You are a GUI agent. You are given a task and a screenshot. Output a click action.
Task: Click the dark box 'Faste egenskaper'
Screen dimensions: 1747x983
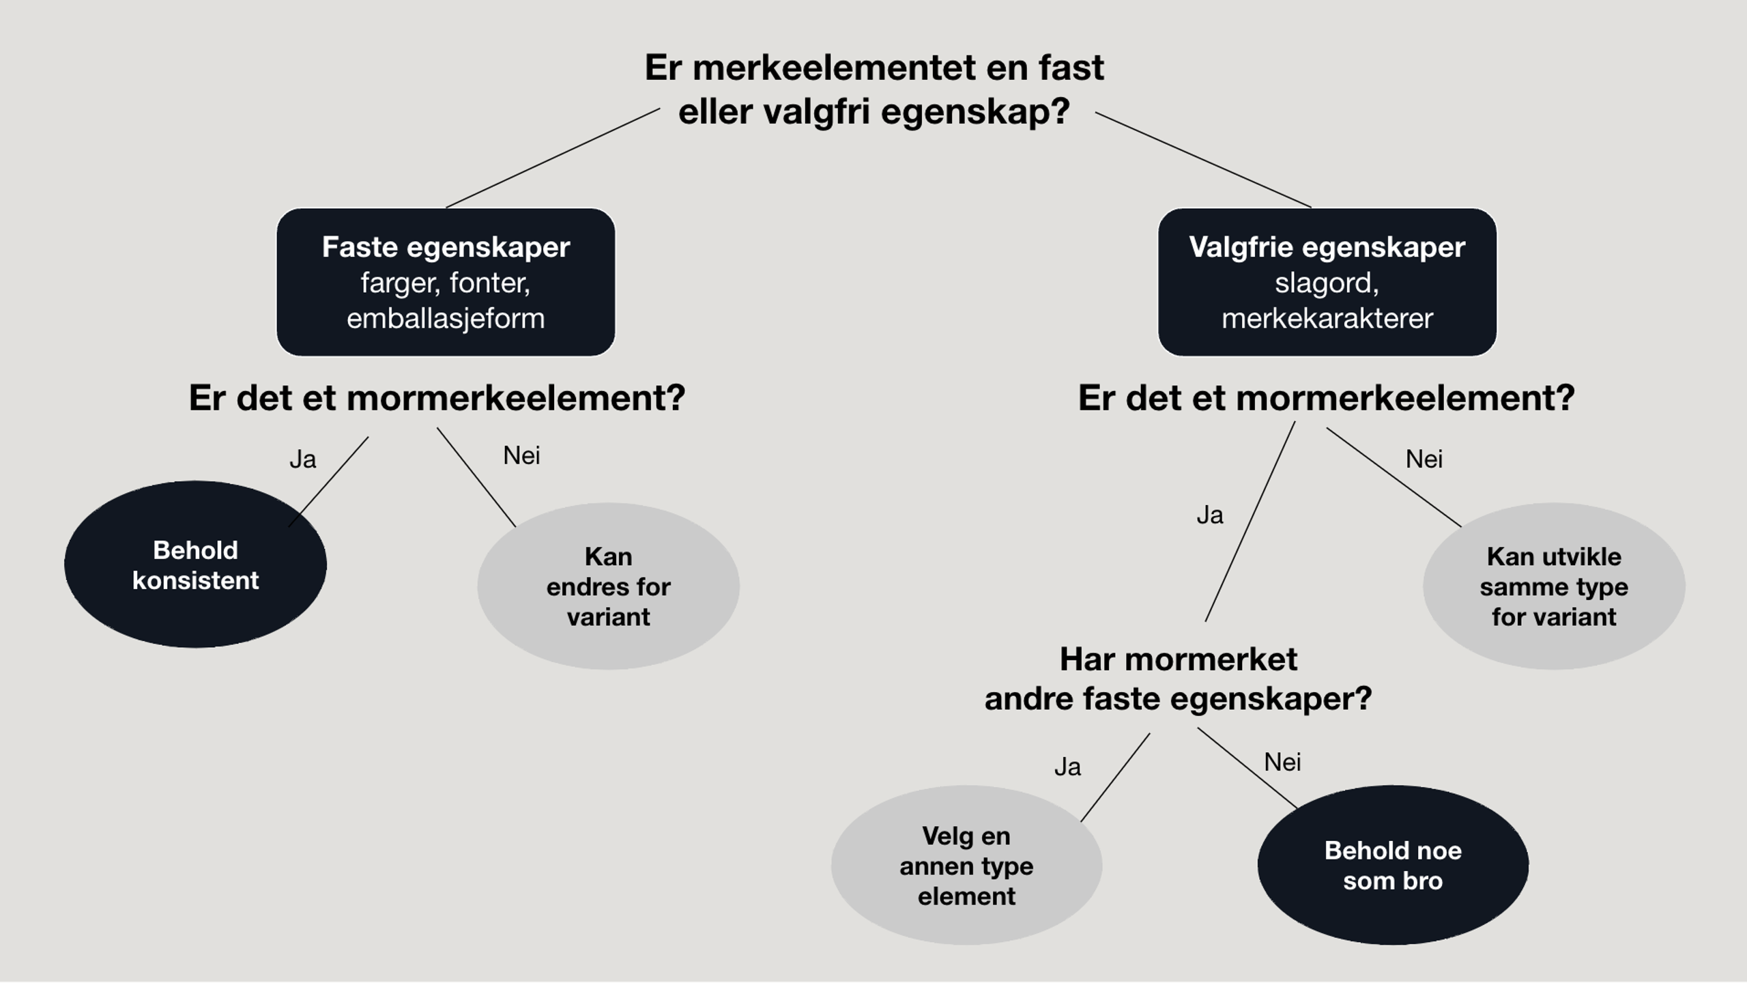pyautogui.click(x=446, y=282)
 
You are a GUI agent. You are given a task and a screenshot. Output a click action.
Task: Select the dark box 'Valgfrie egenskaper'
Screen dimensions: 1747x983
pyautogui.click(x=1327, y=282)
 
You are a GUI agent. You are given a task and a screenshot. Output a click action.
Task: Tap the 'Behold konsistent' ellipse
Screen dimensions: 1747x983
pyautogui.click(x=195, y=565)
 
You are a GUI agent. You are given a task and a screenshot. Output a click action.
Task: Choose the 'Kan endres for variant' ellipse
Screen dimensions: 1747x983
pyautogui.click(x=608, y=586)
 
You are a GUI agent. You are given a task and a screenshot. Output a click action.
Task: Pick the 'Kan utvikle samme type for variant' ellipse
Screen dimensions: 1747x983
pyautogui.click(x=1554, y=586)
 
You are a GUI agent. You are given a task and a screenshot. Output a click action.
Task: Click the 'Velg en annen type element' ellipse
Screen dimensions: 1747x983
pyautogui.click(x=966, y=866)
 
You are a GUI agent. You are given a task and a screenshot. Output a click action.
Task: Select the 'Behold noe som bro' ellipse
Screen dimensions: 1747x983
pyautogui.click(x=1393, y=866)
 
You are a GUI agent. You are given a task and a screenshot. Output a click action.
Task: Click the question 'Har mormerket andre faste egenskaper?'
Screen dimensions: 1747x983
pyautogui.click(x=1178, y=679)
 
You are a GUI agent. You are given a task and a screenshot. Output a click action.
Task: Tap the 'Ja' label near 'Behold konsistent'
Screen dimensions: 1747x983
pyautogui.click(x=303, y=459)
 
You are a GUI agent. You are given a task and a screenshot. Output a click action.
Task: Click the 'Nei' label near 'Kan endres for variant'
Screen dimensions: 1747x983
pyautogui.click(x=521, y=455)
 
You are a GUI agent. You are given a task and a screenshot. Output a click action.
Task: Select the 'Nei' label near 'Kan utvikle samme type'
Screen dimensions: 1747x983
pyautogui.click(x=1424, y=459)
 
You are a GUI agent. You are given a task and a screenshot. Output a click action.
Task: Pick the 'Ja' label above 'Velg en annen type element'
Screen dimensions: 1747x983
pyautogui.click(x=1067, y=767)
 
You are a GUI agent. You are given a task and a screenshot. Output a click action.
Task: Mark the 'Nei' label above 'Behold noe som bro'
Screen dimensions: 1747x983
pyautogui.click(x=1282, y=762)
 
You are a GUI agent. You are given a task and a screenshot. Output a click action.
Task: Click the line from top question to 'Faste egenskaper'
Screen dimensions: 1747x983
pyautogui.click(x=553, y=158)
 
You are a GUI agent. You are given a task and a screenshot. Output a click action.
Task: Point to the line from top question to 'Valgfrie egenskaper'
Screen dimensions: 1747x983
pyautogui.click(x=1202, y=160)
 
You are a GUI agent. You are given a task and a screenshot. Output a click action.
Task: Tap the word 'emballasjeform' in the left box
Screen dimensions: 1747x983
pyautogui.click(x=446, y=319)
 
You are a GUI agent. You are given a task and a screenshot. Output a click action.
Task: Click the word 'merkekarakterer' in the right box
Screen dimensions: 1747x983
pyautogui.click(x=1327, y=319)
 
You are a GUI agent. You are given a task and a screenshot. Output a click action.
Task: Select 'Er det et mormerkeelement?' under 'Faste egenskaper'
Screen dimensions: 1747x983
pyautogui.click(x=437, y=398)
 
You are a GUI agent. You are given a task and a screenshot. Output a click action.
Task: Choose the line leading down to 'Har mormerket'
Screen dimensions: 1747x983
pyautogui.click(x=1250, y=522)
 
